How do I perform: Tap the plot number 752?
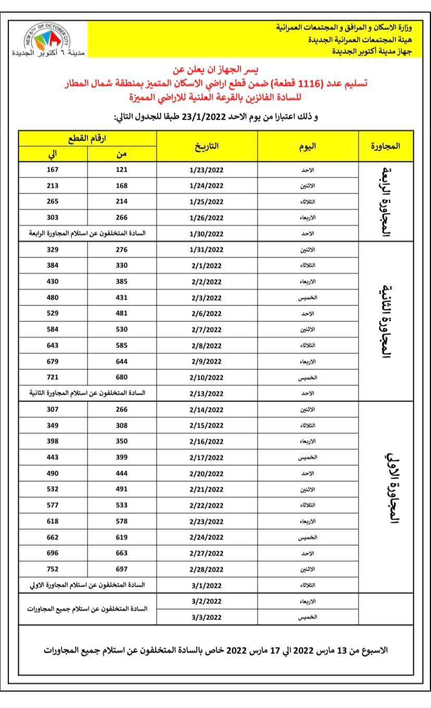click(53, 569)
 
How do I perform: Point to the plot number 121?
click(121, 170)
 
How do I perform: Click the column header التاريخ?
click(207, 146)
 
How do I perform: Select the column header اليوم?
click(308, 146)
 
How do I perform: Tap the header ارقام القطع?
click(87, 138)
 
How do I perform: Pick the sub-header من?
click(121, 154)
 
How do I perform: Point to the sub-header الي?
click(53, 154)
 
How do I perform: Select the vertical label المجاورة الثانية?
click(386, 321)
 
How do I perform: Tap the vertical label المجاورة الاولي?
click(386, 489)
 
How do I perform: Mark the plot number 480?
click(53, 298)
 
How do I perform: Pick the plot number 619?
click(121, 537)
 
